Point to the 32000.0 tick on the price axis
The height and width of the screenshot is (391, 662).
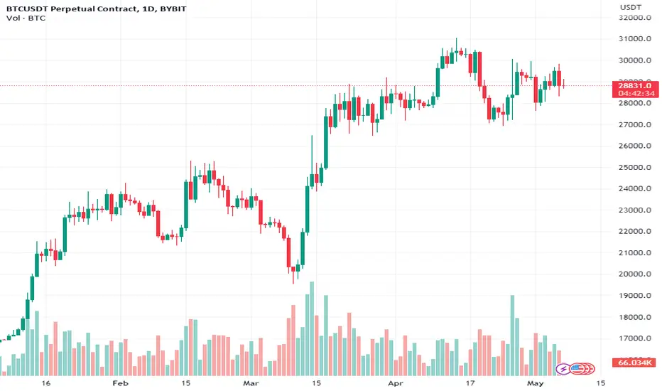click(x=631, y=18)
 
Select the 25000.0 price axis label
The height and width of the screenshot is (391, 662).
click(x=631, y=168)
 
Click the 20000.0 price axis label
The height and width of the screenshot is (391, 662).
click(x=631, y=274)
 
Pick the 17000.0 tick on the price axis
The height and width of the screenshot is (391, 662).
click(x=631, y=338)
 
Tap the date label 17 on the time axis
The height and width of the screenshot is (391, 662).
click(x=471, y=382)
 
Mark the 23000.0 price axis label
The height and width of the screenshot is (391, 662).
click(x=631, y=210)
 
